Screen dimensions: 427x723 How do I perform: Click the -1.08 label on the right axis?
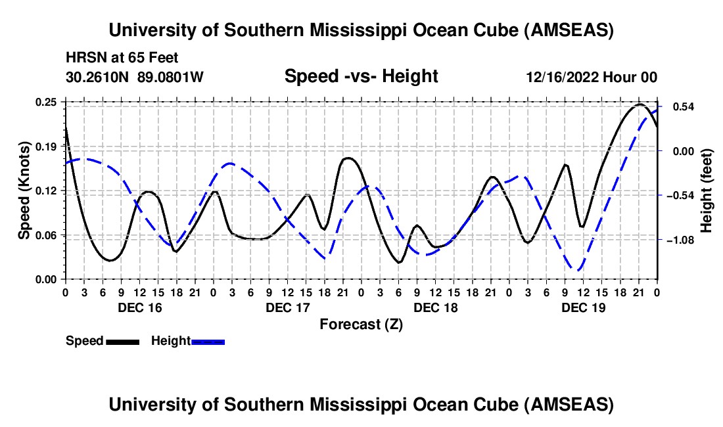(680, 240)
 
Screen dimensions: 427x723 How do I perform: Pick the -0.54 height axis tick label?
(680, 196)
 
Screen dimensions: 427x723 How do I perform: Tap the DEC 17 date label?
(287, 307)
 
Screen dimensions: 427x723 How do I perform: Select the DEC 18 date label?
(435, 307)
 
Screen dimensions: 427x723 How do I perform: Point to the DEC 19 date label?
(583, 307)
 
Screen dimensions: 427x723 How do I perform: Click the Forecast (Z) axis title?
(361, 324)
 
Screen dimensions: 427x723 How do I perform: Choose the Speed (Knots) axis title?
(24, 191)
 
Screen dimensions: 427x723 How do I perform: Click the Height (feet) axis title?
(707, 191)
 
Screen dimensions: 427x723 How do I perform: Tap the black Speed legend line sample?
(122, 341)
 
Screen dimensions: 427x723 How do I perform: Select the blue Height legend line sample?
(208, 341)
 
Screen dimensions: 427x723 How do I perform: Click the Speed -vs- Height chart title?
(361, 77)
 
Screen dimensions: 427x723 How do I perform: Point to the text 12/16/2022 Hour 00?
(592, 78)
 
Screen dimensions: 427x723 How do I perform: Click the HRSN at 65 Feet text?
(122, 58)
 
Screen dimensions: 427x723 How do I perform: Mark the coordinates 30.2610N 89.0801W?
(135, 78)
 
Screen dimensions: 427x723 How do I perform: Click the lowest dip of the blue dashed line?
(578, 269)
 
